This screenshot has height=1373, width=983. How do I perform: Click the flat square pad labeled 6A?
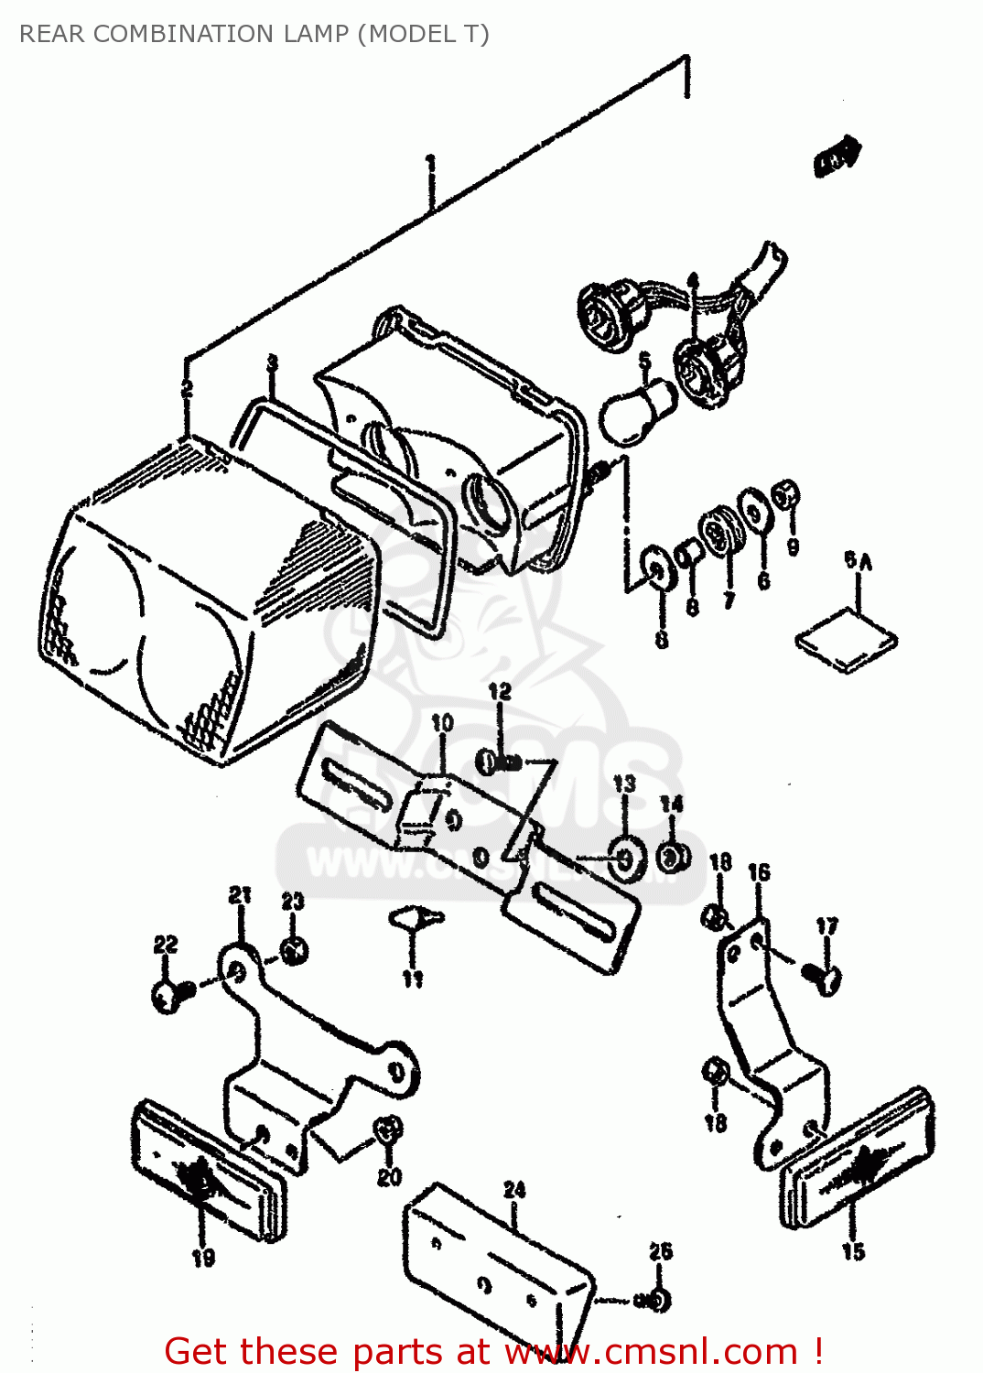point(846,639)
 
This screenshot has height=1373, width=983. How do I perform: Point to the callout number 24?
point(514,1189)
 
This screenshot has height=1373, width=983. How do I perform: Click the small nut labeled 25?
point(657,1299)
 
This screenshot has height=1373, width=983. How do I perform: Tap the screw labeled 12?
point(499,761)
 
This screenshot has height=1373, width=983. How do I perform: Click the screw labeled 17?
point(821,977)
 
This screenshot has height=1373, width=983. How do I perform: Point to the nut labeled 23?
point(293,951)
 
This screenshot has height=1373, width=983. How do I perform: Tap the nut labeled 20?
point(389,1130)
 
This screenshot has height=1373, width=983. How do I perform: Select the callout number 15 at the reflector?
point(852,1250)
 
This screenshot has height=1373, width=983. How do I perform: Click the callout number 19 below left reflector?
point(203,1258)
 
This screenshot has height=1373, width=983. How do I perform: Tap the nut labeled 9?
point(785,495)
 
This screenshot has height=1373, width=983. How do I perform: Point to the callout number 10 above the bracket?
point(442,723)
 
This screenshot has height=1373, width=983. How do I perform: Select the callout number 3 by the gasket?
point(272,364)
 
